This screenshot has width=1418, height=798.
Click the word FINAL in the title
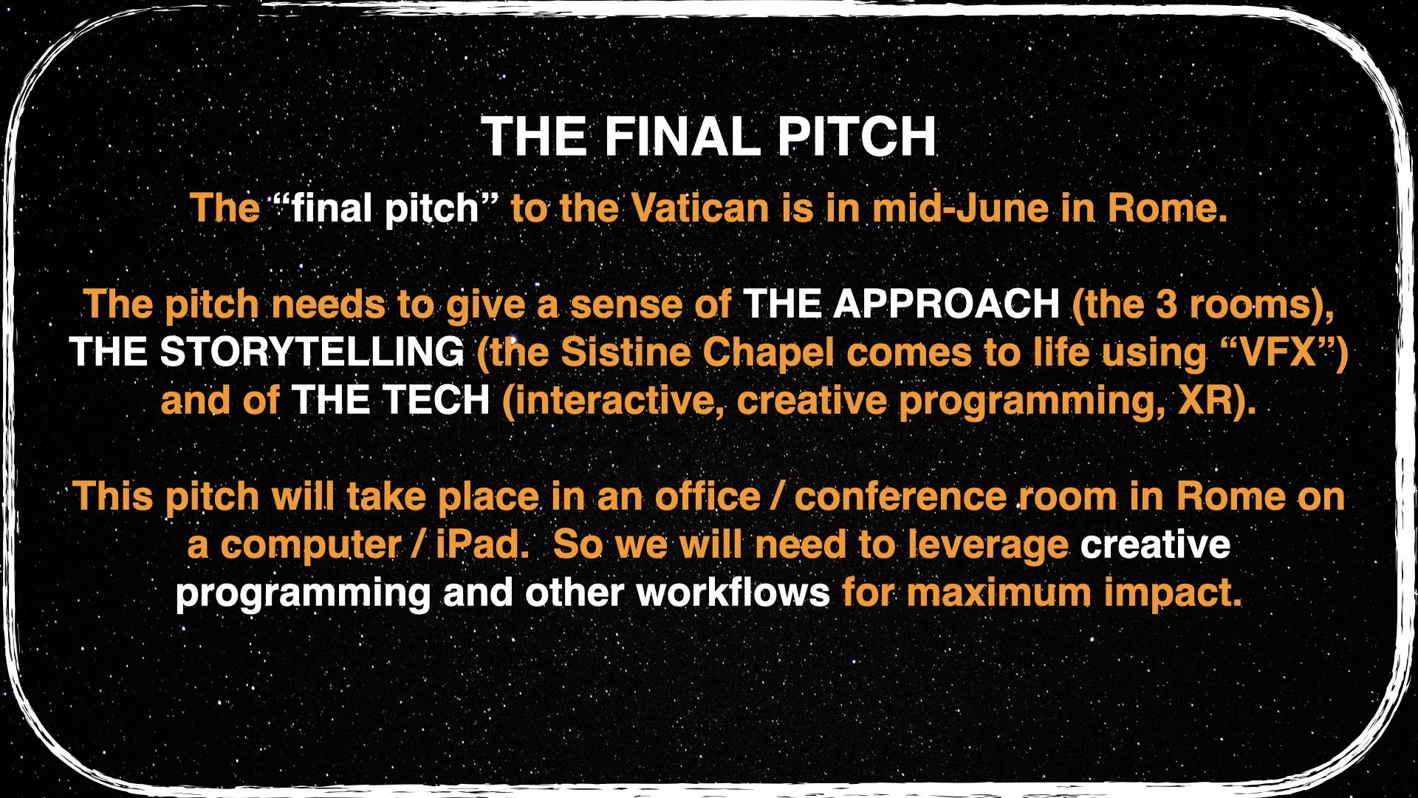(x=682, y=137)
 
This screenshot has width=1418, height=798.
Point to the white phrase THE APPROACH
(x=901, y=304)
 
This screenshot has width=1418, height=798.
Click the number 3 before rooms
(x=1166, y=304)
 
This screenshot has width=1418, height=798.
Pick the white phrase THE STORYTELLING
(x=267, y=352)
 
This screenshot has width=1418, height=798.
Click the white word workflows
(x=733, y=593)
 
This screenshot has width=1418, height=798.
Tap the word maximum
(x=998, y=593)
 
